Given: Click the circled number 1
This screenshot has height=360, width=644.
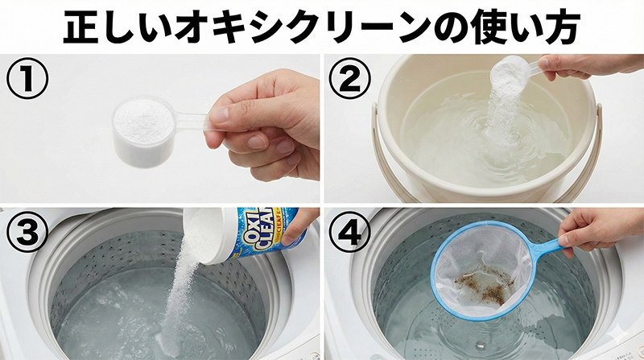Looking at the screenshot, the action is tap(27, 80).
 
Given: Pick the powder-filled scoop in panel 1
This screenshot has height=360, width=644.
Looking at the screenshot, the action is tap(144, 130).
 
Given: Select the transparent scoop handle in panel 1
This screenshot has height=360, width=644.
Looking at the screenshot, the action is tap(193, 122).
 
